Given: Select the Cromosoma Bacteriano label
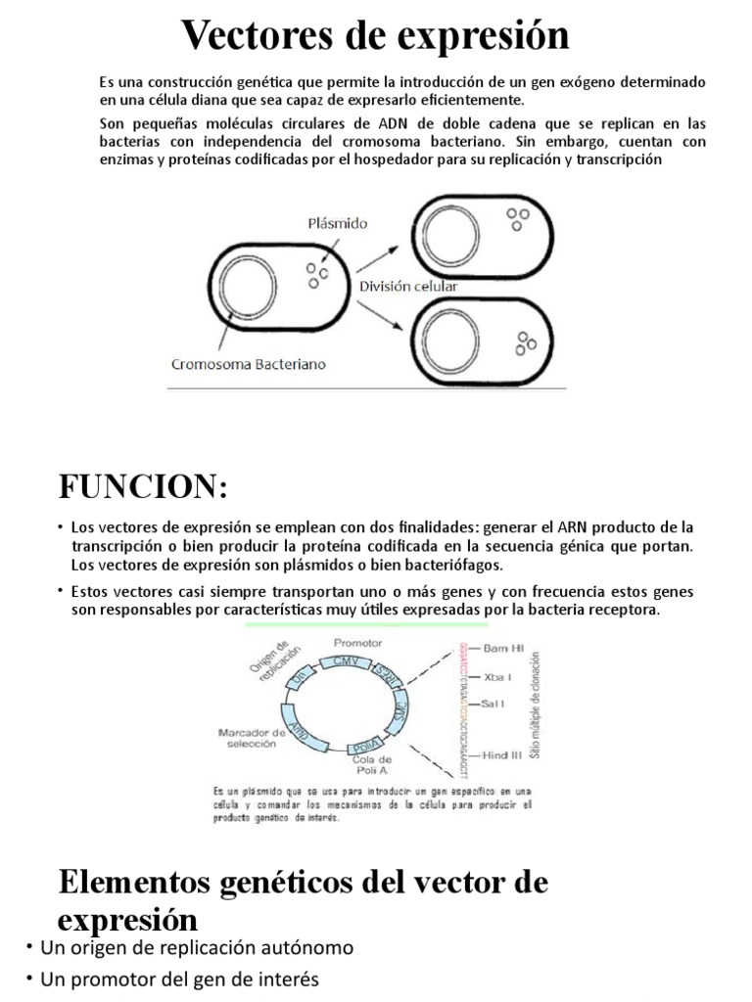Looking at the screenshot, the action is [x=249, y=364].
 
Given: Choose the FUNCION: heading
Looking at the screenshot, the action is [x=143, y=485].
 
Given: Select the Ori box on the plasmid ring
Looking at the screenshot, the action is [x=305, y=677].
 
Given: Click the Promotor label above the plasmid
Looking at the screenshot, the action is [x=357, y=644].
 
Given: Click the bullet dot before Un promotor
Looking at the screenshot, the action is [x=31, y=979].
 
